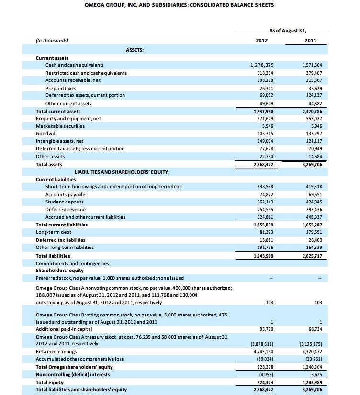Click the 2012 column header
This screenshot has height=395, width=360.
pos(262,41)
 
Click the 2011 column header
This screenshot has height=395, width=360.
pos(310,41)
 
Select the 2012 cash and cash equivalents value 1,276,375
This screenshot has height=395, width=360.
pos(262,65)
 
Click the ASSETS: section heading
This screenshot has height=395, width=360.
pos(135,50)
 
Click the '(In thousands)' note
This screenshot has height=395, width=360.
pos(52,41)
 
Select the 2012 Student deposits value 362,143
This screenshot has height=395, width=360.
pos(264,202)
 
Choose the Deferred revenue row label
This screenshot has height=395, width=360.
pos(66,210)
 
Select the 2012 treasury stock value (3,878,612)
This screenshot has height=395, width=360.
pos(262,344)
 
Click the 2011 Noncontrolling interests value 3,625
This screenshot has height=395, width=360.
pos(315,374)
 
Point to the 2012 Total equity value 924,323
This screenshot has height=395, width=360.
pos(264,382)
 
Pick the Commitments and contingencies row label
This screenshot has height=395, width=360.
pos(72,263)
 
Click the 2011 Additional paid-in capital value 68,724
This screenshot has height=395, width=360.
pos(314,329)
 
